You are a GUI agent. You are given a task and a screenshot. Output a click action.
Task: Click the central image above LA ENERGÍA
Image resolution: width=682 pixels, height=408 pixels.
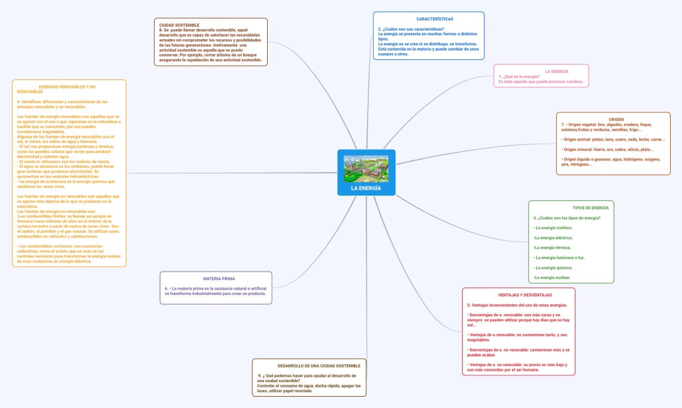pyautogui.click(x=366, y=168)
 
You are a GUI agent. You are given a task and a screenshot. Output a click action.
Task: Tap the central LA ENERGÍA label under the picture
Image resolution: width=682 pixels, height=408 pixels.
pyautogui.click(x=366, y=188)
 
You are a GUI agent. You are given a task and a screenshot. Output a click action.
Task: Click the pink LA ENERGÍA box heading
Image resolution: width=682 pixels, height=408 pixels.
pyautogui.click(x=556, y=71)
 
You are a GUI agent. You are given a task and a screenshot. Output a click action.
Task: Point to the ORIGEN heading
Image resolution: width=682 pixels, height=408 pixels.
pyautogui.click(x=616, y=119)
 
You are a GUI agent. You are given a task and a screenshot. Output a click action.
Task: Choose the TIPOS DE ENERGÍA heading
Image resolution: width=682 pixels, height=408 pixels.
pyautogui.click(x=590, y=208)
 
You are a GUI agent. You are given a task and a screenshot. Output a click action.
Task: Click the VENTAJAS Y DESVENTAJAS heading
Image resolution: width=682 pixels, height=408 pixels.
pyautogui.click(x=525, y=295)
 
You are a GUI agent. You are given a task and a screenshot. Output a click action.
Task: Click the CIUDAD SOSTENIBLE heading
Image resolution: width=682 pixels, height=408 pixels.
pyautogui.click(x=179, y=25)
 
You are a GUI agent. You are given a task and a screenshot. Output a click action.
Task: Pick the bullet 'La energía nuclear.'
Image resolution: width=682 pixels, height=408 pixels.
pyautogui.click(x=551, y=277)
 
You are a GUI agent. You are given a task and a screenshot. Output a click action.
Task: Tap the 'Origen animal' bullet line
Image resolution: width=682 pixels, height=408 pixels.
pyautogui.click(x=613, y=140)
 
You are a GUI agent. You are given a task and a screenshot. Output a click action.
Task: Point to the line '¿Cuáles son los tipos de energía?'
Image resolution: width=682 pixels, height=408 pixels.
pyautogui.click(x=567, y=218)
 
